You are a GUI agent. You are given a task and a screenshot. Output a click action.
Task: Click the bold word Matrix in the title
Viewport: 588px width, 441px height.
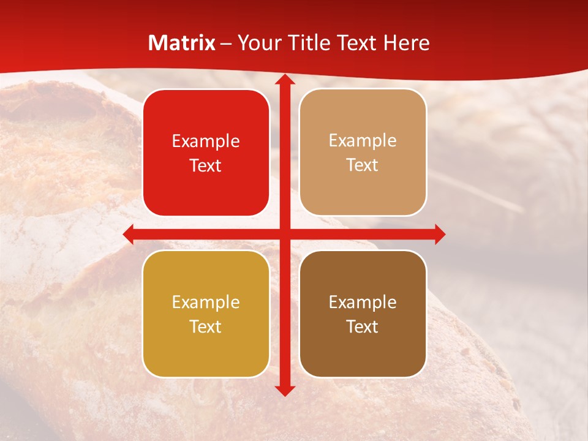182,43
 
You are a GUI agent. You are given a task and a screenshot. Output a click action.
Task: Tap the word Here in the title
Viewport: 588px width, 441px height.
406,43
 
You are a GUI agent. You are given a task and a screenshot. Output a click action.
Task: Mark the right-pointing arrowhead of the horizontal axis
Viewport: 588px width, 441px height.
439,234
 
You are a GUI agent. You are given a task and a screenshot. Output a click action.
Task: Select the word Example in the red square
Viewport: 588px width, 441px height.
206,141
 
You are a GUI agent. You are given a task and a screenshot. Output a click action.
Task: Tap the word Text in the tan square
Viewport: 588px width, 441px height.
362,165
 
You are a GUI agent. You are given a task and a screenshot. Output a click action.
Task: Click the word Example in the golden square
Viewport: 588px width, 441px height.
206,302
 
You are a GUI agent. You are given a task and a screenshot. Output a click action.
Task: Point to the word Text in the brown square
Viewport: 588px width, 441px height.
362,326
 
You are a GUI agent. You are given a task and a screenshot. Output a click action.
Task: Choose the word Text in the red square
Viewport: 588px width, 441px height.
205,165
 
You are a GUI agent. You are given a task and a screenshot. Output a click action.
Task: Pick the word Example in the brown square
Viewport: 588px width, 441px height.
363,302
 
